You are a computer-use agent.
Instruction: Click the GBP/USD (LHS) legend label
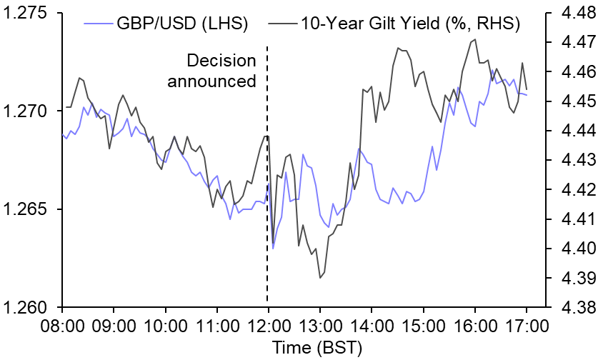(x=181, y=23)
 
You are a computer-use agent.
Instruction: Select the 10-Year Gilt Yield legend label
(x=410, y=23)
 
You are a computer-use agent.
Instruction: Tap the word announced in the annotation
(x=211, y=80)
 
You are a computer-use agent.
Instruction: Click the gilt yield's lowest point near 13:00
(x=320, y=277)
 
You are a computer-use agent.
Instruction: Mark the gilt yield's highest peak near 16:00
(x=474, y=39)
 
